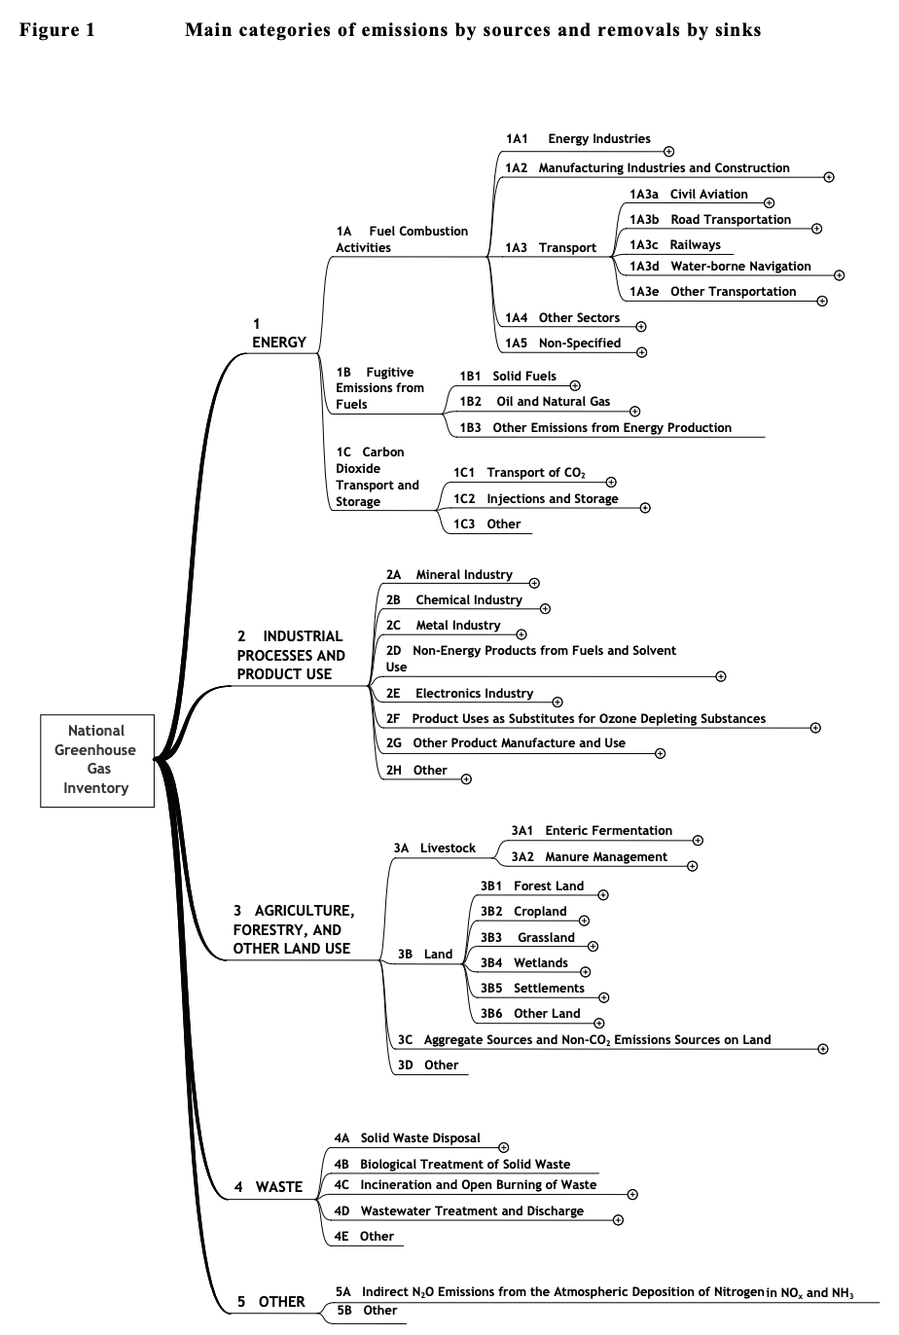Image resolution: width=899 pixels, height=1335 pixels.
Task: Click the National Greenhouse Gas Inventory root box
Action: pos(97,760)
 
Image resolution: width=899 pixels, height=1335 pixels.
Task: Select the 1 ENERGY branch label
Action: pos(278,333)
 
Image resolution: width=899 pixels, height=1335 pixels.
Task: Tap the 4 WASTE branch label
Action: pos(269,1187)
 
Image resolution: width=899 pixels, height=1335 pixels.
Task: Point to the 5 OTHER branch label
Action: pos(271,1302)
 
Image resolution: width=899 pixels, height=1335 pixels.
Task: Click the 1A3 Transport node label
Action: pos(551,248)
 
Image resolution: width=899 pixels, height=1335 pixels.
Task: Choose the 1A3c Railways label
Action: pos(675,245)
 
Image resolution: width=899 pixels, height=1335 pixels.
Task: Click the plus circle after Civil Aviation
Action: pos(769,202)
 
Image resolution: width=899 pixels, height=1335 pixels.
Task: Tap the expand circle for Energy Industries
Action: pos(668,151)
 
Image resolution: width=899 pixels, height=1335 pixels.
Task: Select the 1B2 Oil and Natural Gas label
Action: pos(535,402)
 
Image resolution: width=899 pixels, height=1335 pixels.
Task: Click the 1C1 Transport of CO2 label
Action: pos(520,473)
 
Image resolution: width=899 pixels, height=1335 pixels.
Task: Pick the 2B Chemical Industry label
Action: pos(453,600)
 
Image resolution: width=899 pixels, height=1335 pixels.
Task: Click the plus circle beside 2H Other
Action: pos(466,778)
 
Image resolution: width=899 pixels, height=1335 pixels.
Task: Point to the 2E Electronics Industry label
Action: pos(459,694)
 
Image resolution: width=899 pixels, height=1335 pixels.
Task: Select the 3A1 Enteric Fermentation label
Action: pos(592,831)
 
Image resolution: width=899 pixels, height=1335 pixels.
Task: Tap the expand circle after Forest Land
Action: pos(603,894)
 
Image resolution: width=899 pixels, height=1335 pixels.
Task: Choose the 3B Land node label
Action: pos(425,955)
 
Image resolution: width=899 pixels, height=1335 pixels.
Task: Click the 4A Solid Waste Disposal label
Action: pos(407,1138)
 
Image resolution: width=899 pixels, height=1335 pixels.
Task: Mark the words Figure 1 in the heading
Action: pos(57,30)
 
